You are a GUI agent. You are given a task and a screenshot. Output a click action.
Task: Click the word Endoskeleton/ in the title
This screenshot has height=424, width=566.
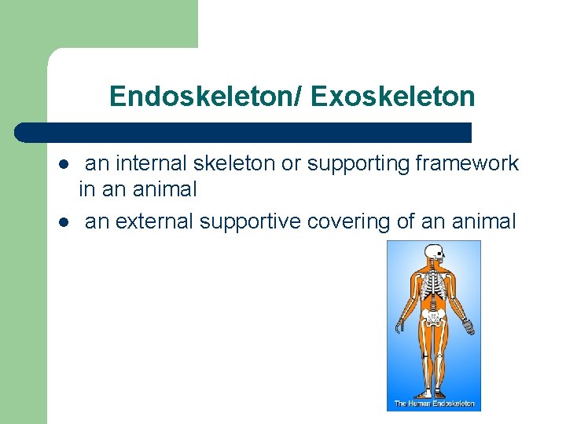(207, 97)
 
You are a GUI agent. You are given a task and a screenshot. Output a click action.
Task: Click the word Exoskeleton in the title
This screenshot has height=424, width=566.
(393, 97)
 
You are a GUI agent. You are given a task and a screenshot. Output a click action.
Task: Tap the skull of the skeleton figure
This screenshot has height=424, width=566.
(433, 254)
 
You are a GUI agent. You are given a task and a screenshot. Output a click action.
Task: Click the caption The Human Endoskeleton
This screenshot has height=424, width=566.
(434, 404)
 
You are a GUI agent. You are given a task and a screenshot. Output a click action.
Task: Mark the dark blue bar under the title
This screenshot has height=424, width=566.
(244, 132)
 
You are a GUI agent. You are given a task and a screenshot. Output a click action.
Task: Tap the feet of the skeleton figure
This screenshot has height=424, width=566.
(433, 393)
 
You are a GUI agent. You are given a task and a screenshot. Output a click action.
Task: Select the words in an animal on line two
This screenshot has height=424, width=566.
(138, 189)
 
